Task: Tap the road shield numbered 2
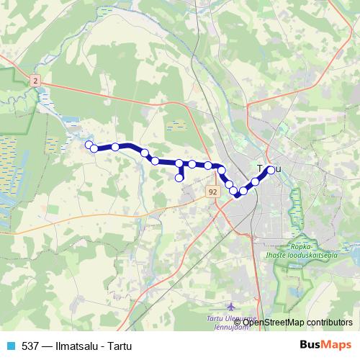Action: click(35, 83)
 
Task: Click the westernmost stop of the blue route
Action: click(89, 145)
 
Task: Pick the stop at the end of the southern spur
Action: click(179, 177)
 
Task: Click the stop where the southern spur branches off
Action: click(179, 163)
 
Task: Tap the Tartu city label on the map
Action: click(270, 169)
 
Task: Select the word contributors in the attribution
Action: click(328, 323)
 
